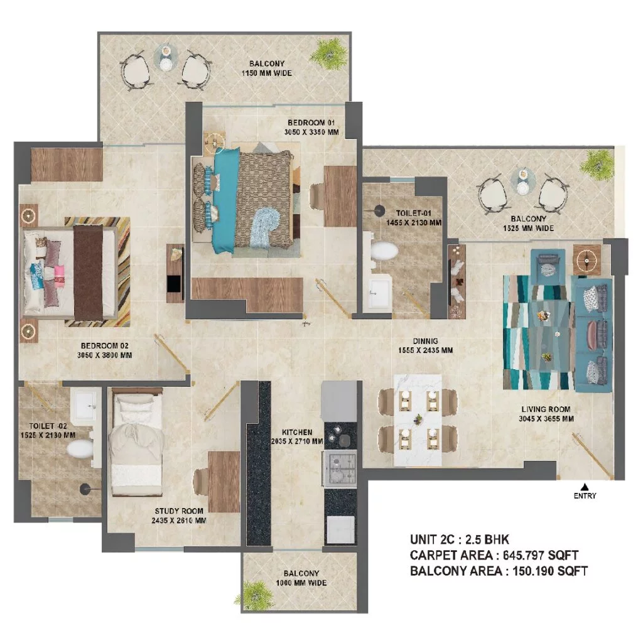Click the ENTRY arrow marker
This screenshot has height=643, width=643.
585,487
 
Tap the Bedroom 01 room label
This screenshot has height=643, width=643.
311,122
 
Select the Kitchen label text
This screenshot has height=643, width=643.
297,432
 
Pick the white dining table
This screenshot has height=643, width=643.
418,420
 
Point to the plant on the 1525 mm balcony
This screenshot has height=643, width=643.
597,165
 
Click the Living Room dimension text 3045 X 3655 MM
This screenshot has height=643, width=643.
546,419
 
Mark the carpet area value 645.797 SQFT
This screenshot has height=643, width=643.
541,555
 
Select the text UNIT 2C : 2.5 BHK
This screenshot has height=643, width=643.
459,539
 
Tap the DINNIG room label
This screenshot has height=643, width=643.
425,341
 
